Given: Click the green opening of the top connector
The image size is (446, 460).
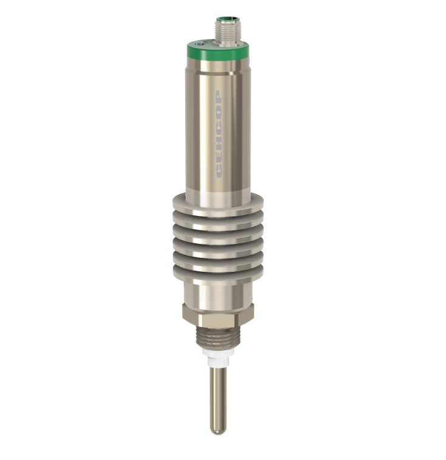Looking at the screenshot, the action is point(225,21).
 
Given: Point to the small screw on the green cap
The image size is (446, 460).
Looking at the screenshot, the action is point(200,44).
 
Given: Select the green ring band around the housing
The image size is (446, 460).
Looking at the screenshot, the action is point(218,53).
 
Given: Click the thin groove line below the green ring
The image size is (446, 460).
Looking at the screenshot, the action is point(218,71).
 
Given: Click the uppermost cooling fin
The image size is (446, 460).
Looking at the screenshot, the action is point(218,203).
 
